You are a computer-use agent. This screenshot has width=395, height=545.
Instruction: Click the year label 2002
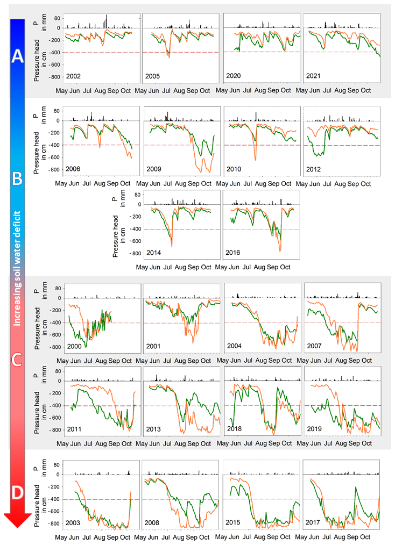(x=73, y=76)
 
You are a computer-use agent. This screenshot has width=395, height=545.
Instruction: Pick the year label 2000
(x=73, y=347)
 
